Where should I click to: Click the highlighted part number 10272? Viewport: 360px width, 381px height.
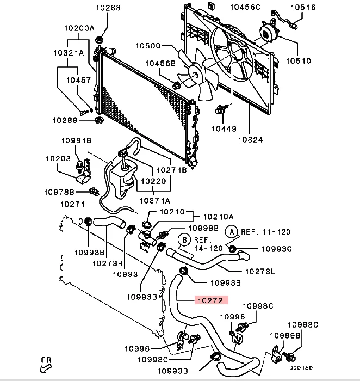[210, 300]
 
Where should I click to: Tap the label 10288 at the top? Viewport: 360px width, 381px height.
[108, 8]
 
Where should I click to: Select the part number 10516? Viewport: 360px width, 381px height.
[303, 7]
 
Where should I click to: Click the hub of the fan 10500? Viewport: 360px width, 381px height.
[196, 75]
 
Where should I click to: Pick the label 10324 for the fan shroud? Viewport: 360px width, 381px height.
[250, 140]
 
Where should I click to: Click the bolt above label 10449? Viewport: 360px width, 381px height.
[221, 109]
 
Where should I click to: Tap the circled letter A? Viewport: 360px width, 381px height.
[232, 232]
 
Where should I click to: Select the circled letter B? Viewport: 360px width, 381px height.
[184, 240]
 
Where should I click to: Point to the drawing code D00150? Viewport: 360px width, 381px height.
[301, 368]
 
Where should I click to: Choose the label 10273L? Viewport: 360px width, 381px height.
[260, 271]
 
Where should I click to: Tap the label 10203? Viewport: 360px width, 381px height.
[58, 159]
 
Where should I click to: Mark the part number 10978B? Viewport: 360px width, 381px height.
[59, 192]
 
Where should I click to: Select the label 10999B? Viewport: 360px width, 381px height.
[285, 336]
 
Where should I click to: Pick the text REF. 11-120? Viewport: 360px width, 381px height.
[265, 232]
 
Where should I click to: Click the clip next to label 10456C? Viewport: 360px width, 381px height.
[212, 6]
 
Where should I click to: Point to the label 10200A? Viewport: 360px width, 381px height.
[79, 28]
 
